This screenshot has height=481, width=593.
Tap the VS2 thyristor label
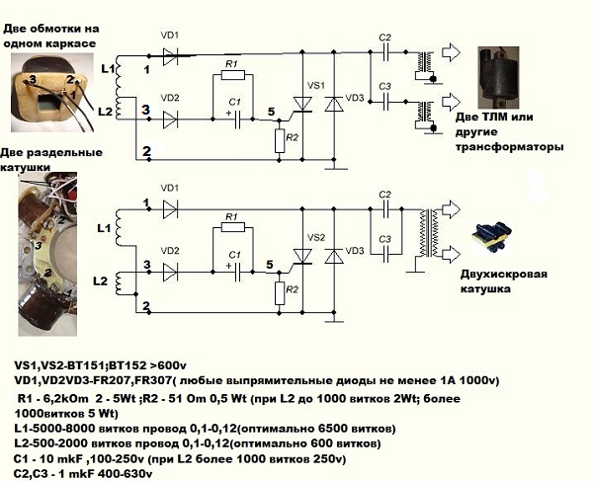click(x=316, y=238)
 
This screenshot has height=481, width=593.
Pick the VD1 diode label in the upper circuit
click(x=170, y=36)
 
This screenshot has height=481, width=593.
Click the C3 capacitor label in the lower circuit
click(x=385, y=239)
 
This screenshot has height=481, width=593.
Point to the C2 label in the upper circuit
click(x=385, y=39)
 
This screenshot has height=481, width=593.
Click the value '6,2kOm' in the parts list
click(x=64, y=397)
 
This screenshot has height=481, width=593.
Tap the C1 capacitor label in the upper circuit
click(x=234, y=102)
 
